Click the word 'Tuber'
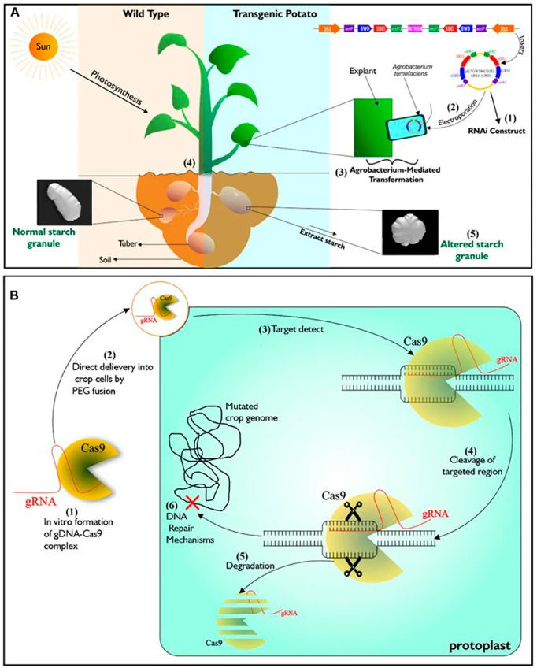129,243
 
